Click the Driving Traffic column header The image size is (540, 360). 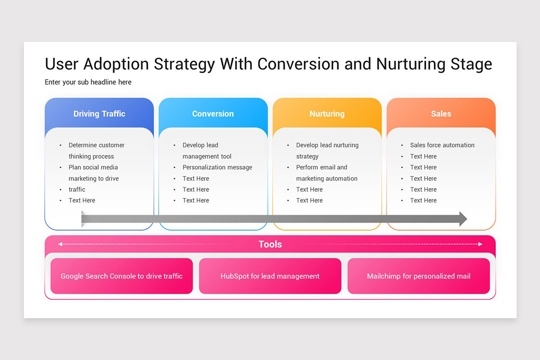[x=99, y=113]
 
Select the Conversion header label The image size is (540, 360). [x=213, y=113]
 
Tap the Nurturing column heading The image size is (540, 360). [x=327, y=114]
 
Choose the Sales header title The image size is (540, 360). [x=441, y=113]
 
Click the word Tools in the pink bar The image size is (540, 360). [x=270, y=244]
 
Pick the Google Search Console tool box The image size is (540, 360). [x=122, y=276]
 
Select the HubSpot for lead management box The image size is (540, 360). [x=270, y=276]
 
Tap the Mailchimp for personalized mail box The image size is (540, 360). [x=418, y=276]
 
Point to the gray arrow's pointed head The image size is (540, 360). [x=467, y=219]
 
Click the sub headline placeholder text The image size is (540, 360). [x=88, y=82]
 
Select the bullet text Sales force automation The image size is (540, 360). [x=442, y=145]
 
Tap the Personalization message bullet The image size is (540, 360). [x=217, y=167]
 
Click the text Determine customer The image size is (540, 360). [x=96, y=145]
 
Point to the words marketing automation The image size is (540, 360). [x=327, y=179]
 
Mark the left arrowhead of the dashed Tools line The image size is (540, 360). [x=60, y=244]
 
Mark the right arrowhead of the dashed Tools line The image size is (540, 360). [x=480, y=244]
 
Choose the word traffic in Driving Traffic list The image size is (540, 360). [x=77, y=189]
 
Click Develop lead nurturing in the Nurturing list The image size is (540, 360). [x=327, y=145]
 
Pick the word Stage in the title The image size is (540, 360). [x=471, y=64]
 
